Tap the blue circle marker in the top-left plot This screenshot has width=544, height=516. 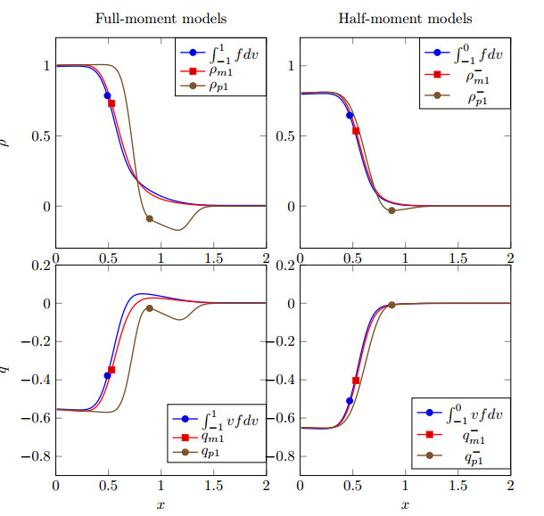pos(108,95)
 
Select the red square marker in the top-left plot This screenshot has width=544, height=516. pos(112,103)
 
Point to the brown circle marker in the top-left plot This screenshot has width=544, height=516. pos(149,218)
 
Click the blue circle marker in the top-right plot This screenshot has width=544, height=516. pos(350,115)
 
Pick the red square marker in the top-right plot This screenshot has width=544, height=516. pos(357,131)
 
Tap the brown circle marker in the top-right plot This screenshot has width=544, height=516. pos(392,210)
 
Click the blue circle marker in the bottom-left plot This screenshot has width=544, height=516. pos(108,375)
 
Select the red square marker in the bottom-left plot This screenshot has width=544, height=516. pos(112,370)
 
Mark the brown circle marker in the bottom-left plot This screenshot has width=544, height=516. pos(149,308)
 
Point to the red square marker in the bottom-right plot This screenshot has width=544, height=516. pos(357,381)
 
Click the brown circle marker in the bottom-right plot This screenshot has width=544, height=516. pos(392,306)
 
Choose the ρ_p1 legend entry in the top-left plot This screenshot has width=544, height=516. pos(219,87)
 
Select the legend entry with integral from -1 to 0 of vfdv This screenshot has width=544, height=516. pos(473,414)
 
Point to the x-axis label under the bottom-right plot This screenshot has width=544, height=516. pos(406,505)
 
